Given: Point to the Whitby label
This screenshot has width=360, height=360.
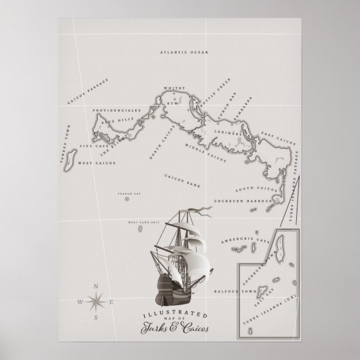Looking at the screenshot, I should (170, 88).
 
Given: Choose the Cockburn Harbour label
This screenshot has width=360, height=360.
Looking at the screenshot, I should (243, 200).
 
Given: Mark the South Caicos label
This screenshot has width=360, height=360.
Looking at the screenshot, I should (253, 190).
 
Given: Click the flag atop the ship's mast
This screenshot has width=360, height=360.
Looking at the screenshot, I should (202, 213).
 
